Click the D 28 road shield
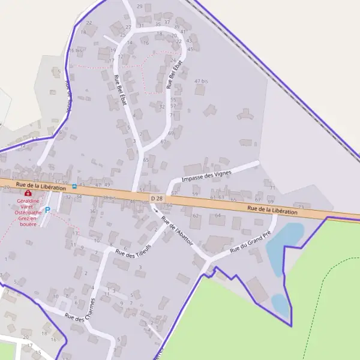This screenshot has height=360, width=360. tap(157, 198)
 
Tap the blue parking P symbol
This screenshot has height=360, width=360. tap(48, 211)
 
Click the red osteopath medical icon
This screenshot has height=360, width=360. tap(28, 193)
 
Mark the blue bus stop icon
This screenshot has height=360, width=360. tap(74, 186)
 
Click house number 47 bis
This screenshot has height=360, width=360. tap(201, 81)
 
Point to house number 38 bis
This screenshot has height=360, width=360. tap(109, 198)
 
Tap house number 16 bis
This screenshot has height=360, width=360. tap(76, 50)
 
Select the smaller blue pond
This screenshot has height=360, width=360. tap(280, 303)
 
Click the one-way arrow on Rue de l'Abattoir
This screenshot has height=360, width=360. tap(155, 211)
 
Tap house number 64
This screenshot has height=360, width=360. tap(218, 215)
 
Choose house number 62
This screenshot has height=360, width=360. tap(195, 216)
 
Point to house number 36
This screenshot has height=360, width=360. tap(92, 211)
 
